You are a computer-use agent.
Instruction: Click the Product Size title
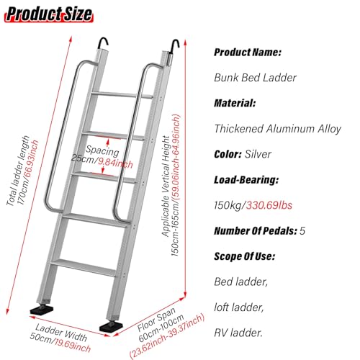(x=49, y=14)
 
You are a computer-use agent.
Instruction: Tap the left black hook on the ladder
(x=102, y=43)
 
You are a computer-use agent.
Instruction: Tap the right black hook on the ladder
(x=174, y=46)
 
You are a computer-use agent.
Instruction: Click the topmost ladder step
(x=122, y=95)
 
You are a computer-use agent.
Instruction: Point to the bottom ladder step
(x=84, y=267)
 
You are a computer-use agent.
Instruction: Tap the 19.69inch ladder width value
(x=73, y=346)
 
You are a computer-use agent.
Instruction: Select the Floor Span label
(x=156, y=320)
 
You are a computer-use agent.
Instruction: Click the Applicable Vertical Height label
(x=166, y=186)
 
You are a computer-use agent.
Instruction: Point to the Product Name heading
(x=248, y=53)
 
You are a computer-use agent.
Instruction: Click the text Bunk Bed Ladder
(x=255, y=78)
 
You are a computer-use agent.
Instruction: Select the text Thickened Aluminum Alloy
(x=278, y=129)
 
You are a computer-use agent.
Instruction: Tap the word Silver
(x=258, y=154)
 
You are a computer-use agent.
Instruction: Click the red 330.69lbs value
(x=269, y=205)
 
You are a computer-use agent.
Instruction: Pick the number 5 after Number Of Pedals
(x=302, y=231)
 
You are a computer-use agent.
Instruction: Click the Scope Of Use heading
(x=244, y=256)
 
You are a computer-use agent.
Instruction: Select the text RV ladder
(x=238, y=333)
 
